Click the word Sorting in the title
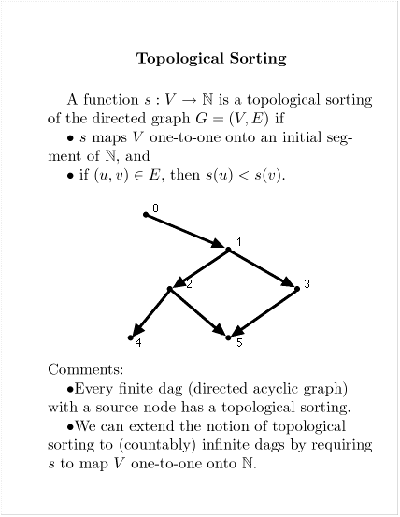(258, 59)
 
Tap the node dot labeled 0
(146, 215)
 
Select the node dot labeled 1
(228, 250)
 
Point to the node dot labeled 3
(297, 289)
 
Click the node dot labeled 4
(131, 337)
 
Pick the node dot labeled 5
(228, 337)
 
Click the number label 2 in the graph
(189, 283)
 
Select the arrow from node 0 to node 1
(185, 232)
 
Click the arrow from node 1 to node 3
(262, 268)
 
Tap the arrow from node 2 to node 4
(150, 312)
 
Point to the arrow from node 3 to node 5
(264, 312)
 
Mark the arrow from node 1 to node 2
(200, 268)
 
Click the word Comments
(86, 369)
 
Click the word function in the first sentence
(111, 100)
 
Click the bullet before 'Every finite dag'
(70, 390)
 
